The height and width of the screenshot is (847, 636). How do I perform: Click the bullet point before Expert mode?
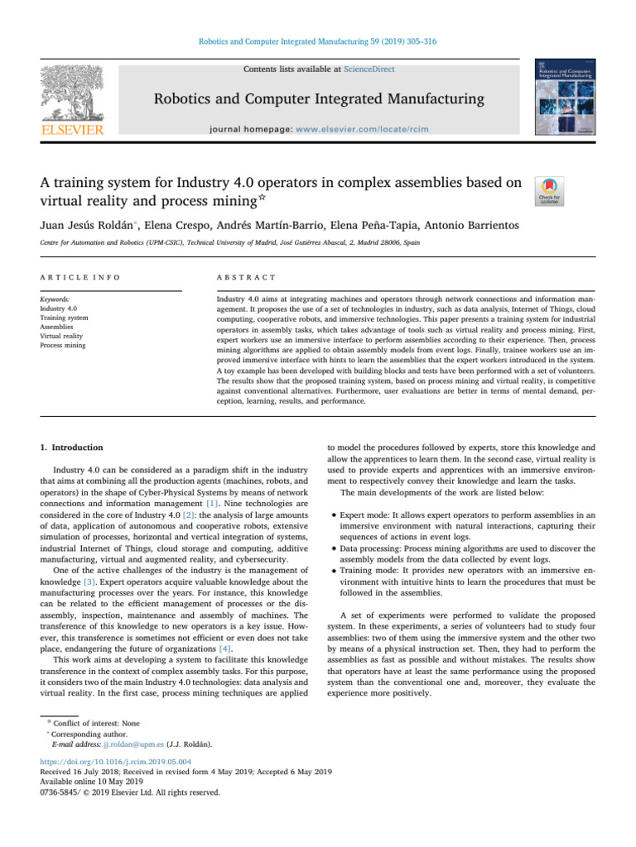pyautogui.click(x=332, y=514)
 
